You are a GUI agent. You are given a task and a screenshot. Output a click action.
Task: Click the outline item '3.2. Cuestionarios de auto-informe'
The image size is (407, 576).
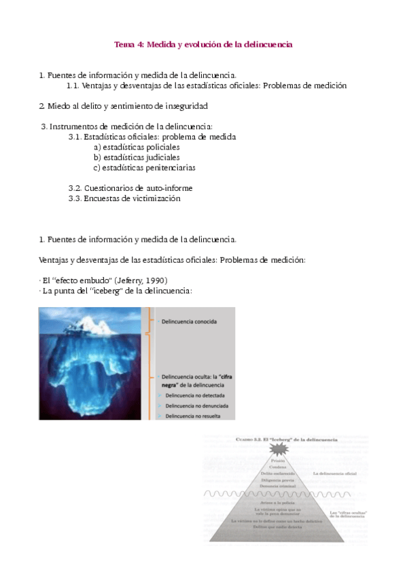[x=130, y=188]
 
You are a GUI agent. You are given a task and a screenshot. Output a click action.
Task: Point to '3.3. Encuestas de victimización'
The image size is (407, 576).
[x=124, y=198]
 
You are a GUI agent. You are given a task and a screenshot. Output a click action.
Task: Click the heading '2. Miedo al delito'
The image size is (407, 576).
[x=123, y=106]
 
